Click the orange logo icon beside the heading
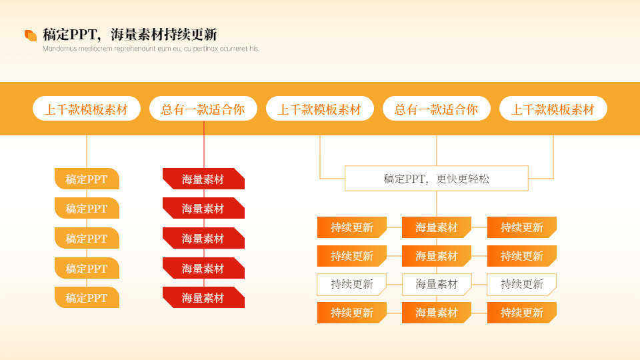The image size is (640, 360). coord(31,35)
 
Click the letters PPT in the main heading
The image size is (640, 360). coord(83,35)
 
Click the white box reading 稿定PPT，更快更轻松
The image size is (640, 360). coord(436,179)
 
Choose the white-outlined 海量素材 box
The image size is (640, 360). coord(437,284)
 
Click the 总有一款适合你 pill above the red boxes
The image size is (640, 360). coord(203,109)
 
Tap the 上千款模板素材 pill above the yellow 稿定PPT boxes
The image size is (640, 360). coord(87,109)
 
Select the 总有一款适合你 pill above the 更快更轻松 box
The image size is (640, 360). coord(436,109)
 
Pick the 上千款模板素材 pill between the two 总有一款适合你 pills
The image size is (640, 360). coord(319,109)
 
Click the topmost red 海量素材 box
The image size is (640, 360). coord(203,179)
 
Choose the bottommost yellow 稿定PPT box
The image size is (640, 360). coord(87,297)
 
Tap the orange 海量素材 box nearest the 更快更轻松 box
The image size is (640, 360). coord(437,227)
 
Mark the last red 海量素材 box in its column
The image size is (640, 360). coord(203,297)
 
